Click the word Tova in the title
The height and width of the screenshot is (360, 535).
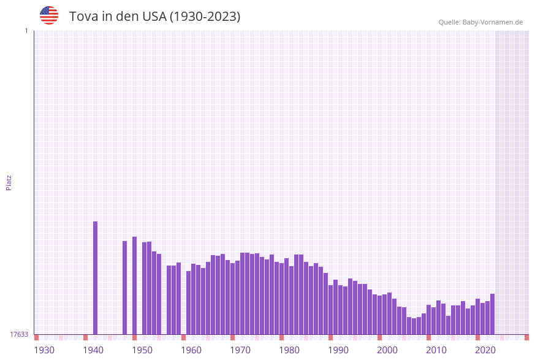click(82, 17)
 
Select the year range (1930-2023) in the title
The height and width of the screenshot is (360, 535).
click(205, 17)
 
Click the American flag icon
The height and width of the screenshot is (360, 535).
click(49, 15)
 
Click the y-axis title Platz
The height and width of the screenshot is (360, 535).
click(9, 182)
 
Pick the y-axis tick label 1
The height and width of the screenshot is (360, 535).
click(26, 31)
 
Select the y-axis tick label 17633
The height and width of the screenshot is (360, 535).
click(19, 334)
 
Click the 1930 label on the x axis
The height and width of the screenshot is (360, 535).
click(44, 350)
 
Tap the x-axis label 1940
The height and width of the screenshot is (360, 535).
click(93, 350)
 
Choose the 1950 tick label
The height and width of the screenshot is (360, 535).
click(142, 350)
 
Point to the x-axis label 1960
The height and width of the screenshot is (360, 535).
click(191, 350)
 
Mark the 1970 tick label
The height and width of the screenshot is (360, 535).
click(240, 350)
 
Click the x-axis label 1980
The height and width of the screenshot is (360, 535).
click(289, 350)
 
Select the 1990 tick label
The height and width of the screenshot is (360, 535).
click(338, 350)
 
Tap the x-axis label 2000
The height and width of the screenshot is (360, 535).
click(387, 350)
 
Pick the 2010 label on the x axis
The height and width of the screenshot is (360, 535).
click(436, 350)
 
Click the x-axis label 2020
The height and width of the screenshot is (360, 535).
click(485, 350)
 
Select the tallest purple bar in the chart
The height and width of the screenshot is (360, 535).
click(96, 278)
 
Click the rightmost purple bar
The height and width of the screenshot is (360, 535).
click(492, 314)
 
